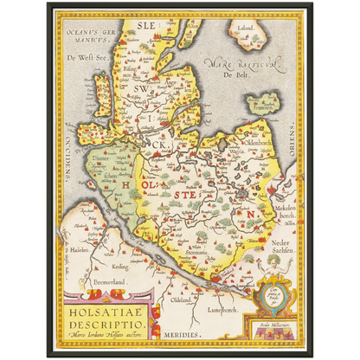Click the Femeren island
(262, 105)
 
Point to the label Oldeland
(183, 301)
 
